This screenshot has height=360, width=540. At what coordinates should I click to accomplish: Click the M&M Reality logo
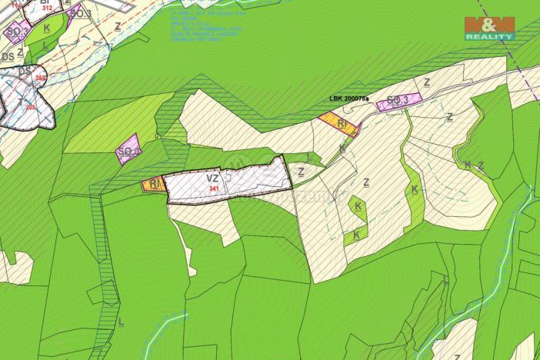488,28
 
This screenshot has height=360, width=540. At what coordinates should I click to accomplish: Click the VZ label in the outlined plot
213,179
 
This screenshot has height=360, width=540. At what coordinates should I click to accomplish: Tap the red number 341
214,188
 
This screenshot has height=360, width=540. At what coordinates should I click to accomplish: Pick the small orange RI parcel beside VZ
153,185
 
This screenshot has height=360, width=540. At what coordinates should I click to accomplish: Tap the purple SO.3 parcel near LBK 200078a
400,101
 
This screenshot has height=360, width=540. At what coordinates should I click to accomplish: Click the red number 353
41,78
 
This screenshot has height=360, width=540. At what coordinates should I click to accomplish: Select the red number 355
32,108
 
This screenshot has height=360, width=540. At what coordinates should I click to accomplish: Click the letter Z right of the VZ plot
301,172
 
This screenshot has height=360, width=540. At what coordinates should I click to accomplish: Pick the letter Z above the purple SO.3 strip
427,82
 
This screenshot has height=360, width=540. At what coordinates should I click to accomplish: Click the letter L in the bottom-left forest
120,322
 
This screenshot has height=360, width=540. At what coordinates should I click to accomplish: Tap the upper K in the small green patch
358,206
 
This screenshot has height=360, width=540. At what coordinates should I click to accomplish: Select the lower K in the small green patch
356,234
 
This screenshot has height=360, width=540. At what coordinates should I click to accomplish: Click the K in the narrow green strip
414,189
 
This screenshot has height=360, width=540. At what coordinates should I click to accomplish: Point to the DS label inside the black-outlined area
25,72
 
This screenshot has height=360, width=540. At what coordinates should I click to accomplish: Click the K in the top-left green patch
47,28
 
